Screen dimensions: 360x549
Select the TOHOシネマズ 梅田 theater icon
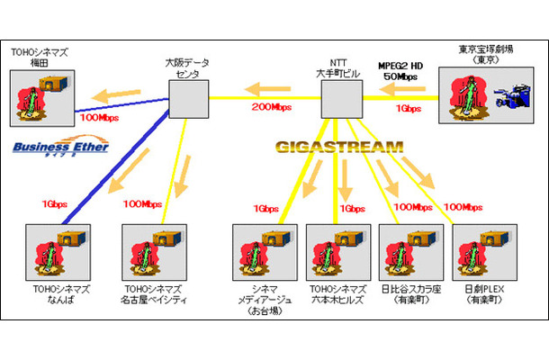tap(43, 98)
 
